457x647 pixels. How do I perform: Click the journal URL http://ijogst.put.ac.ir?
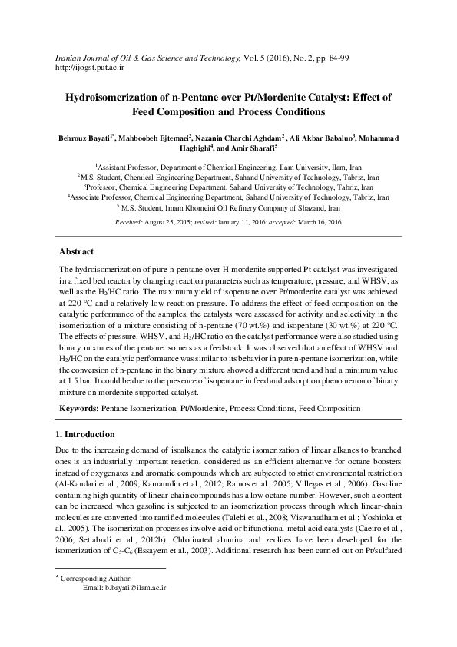[x=91, y=68]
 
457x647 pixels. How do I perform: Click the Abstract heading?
[x=77, y=251]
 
